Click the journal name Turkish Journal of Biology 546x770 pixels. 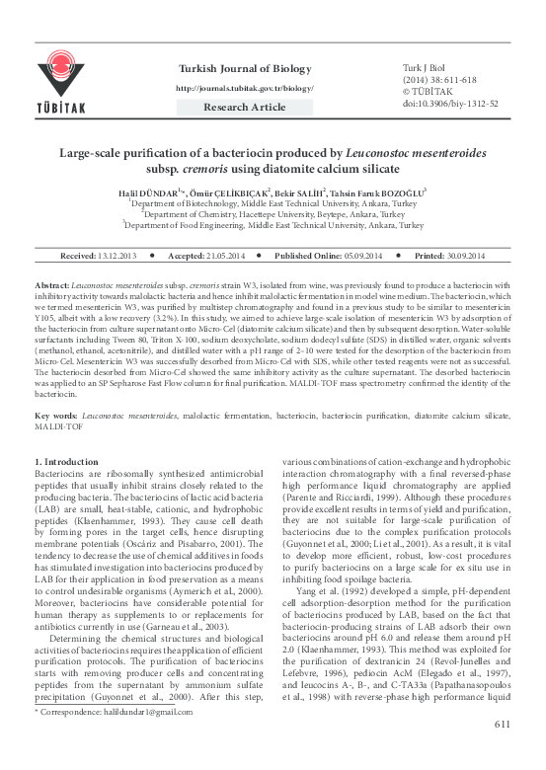(244, 67)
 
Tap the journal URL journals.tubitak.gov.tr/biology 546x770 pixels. (244, 87)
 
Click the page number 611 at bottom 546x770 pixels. (501, 754)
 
